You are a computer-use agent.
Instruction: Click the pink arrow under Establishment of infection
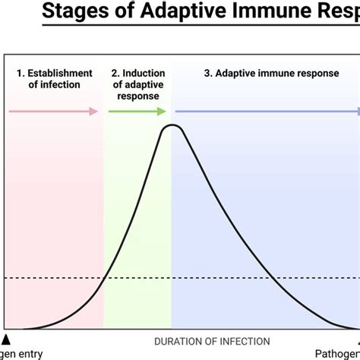click(x=53, y=112)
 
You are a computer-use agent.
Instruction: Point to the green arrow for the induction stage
click(x=137, y=112)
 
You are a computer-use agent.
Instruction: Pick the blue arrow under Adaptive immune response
click(x=266, y=112)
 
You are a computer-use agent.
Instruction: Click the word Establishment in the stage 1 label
click(x=59, y=74)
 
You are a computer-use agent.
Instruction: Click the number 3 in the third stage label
click(x=208, y=74)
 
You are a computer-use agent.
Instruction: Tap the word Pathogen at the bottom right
click(x=336, y=353)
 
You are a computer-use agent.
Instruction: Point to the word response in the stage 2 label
click(x=137, y=96)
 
